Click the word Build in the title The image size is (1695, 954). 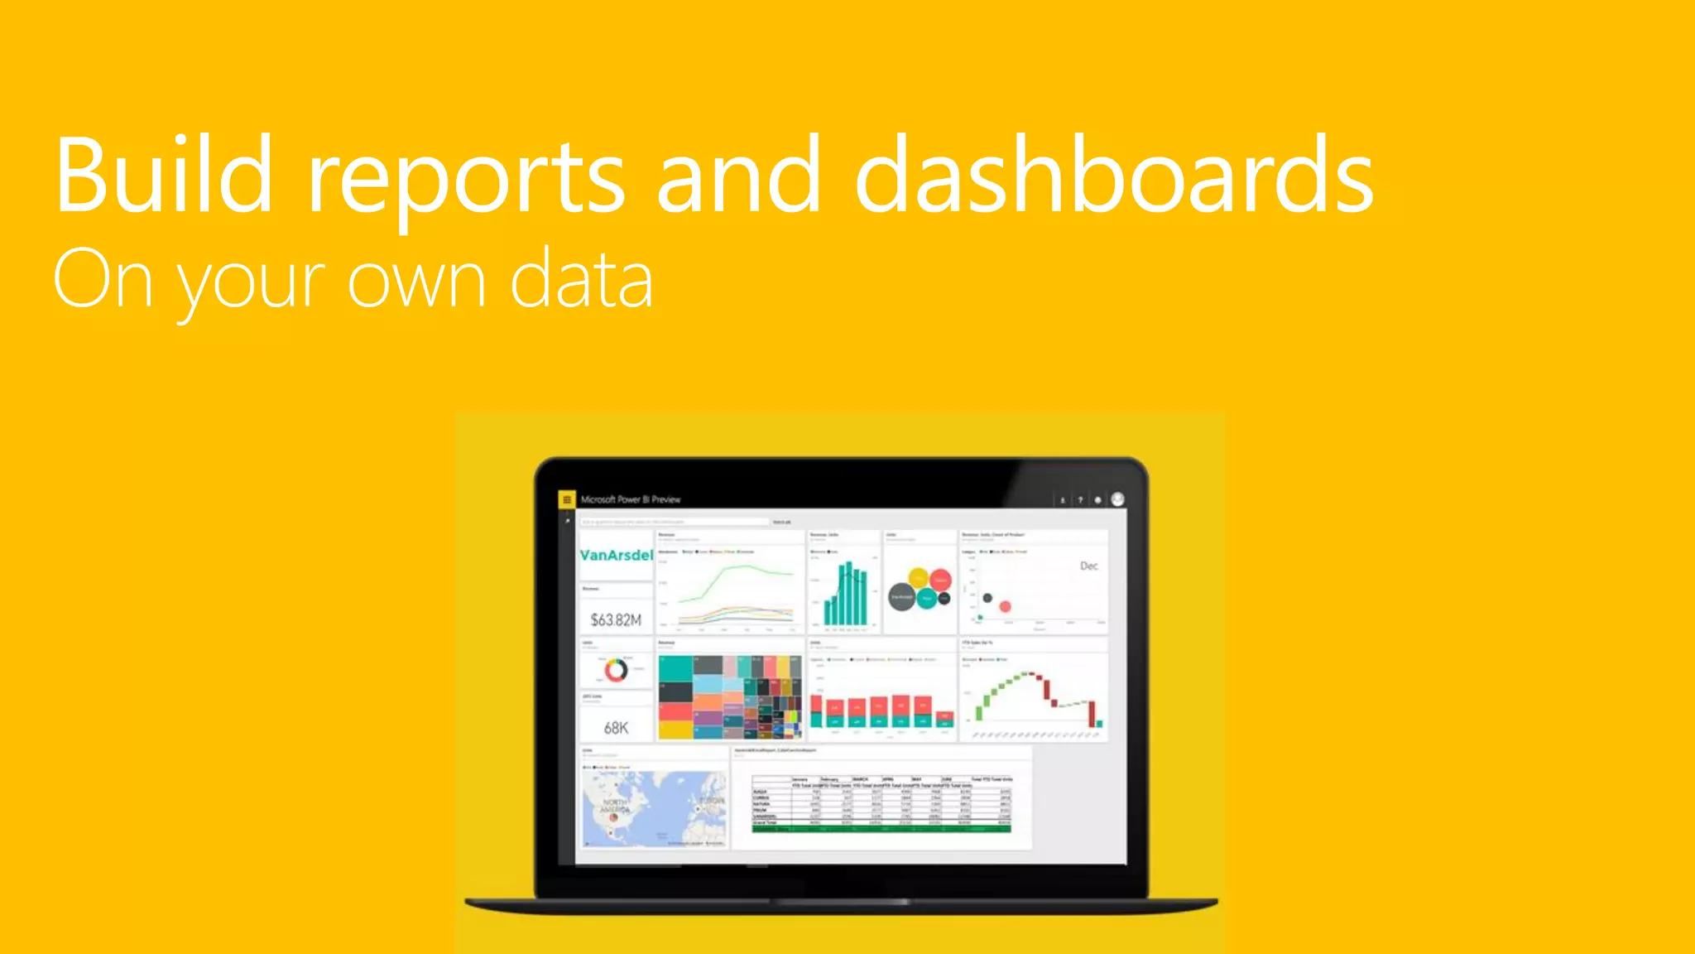[x=163, y=176]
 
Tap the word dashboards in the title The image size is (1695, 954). [x=1114, y=176]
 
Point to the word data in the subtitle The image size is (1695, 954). [x=581, y=280]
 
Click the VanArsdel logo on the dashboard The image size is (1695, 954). [x=616, y=555]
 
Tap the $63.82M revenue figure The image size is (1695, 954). [x=616, y=619]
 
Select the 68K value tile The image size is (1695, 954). [x=616, y=728]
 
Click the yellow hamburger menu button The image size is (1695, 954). [x=567, y=499]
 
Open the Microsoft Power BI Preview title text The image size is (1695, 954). [x=631, y=499]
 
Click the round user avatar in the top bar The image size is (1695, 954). [x=1117, y=499]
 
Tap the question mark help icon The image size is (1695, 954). [x=1080, y=500]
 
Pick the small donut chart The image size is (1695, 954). [x=616, y=670]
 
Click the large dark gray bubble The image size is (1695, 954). [x=901, y=596]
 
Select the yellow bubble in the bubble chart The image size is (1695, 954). [x=919, y=577]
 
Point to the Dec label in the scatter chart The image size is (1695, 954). [x=1088, y=566]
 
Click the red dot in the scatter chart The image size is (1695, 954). [x=1006, y=606]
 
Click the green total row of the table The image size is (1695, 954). [x=881, y=828]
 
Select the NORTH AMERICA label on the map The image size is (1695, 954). [x=615, y=806]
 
